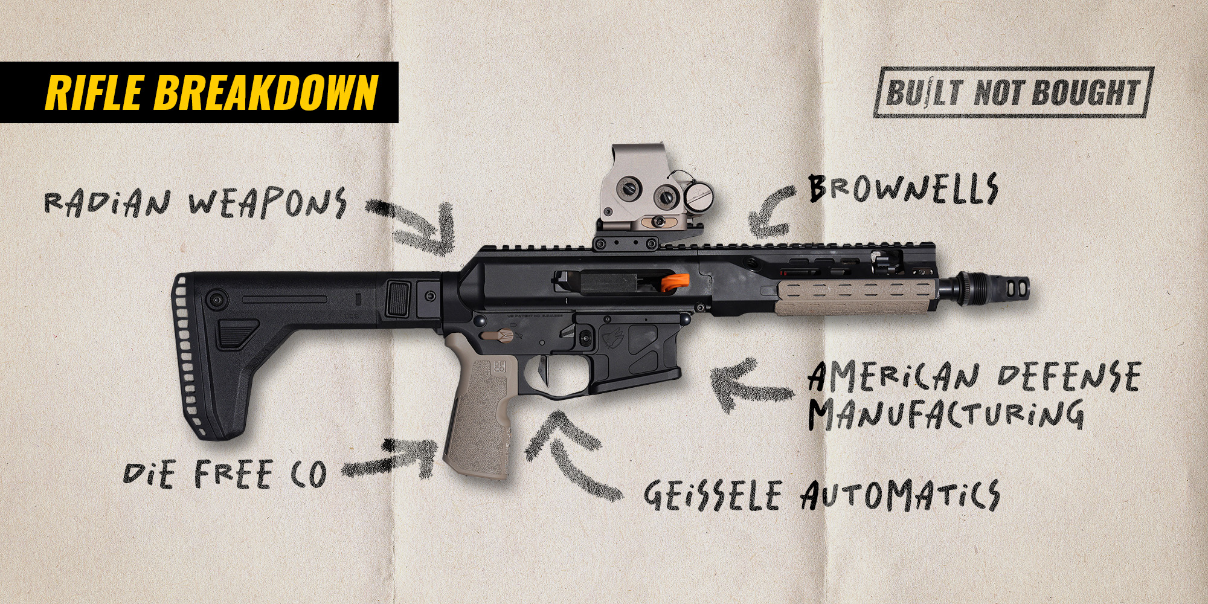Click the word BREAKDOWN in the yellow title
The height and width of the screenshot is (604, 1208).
click(x=266, y=92)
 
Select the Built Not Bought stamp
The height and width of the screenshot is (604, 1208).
click(x=1014, y=92)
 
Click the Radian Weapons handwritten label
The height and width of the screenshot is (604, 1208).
click(x=195, y=202)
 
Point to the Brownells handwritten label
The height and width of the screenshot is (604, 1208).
click(x=903, y=188)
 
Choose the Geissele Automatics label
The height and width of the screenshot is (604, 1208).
click(x=821, y=496)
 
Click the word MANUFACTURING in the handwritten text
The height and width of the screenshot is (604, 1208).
click(x=946, y=413)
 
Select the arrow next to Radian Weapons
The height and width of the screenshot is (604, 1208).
click(x=417, y=227)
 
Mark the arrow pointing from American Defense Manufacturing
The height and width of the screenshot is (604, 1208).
click(x=749, y=387)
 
